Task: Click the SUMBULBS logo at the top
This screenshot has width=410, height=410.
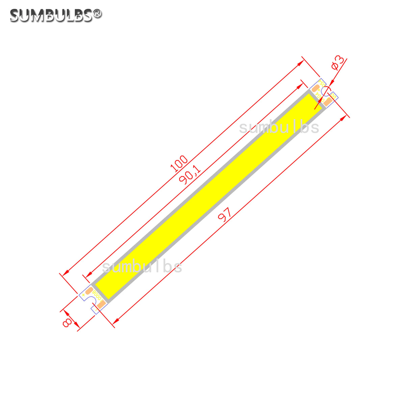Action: click(51, 15)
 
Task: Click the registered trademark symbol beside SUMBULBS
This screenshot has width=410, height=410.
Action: click(97, 14)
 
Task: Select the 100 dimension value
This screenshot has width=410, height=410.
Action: click(179, 164)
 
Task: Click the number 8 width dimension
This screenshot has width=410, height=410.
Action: click(68, 322)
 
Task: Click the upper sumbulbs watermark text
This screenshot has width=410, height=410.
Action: click(279, 128)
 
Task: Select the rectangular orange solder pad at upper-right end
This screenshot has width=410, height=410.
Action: click(328, 101)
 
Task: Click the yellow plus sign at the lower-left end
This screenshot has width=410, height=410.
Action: click(83, 295)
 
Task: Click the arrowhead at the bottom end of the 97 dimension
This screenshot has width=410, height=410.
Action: click(116, 321)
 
